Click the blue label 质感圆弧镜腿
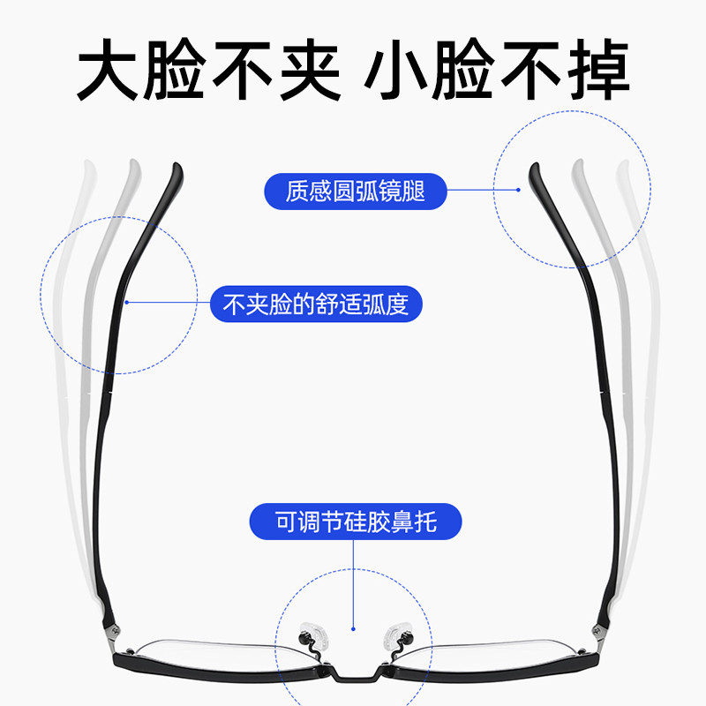coord(355,192)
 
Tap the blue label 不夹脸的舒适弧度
coord(315,305)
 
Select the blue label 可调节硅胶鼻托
coord(355,521)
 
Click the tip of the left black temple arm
coord(176,167)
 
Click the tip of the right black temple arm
coord(533,167)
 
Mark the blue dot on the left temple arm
coord(127,303)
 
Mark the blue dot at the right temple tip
coord(520,188)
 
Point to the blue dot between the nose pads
coord(353,629)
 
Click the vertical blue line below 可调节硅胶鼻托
coord(353,582)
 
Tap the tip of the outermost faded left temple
coord(86,165)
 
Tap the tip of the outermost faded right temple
coord(623,165)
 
